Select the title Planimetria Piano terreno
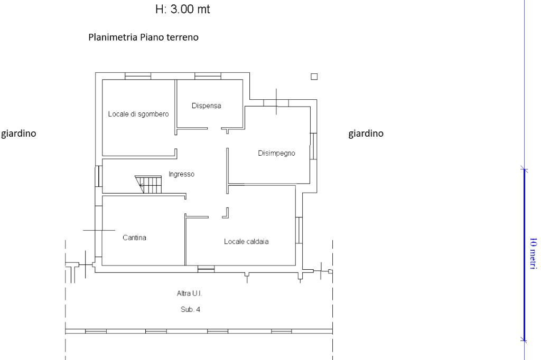tap(144, 37)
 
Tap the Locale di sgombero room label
tap(138, 114)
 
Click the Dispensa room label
tap(207, 106)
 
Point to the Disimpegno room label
tap(276, 154)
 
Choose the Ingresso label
tap(182, 174)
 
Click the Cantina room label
tap(135, 238)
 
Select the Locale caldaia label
tap(246, 242)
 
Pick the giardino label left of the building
tap(19, 134)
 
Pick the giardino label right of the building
tap(366, 134)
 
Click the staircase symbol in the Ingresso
tap(148, 184)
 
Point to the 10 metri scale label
tap(533, 254)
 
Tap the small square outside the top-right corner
tap(314, 77)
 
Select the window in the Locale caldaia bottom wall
tap(206, 269)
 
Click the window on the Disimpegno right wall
tap(313, 146)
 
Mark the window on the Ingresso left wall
tap(99, 176)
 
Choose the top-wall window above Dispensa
tap(208, 76)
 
